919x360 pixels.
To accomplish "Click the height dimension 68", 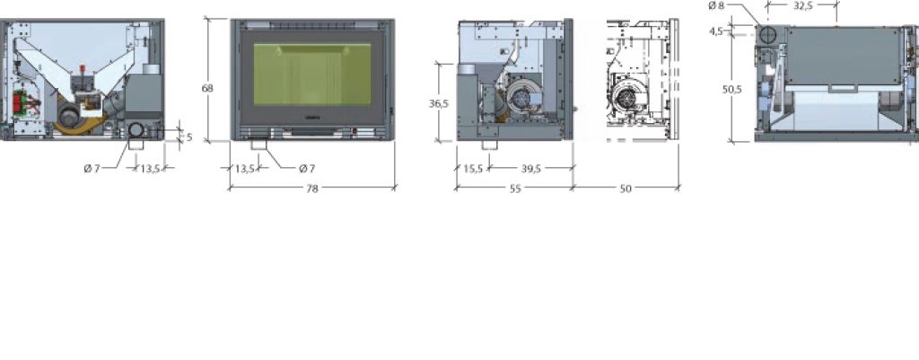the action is pyautogui.click(x=207, y=89).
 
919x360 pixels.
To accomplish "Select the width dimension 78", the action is pyautogui.click(x=312, y=189).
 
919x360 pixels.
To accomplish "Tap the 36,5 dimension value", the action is pyautogui.click(x=439, y=103).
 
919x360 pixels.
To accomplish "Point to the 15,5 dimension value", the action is pyautogui.click(x=473, y=169).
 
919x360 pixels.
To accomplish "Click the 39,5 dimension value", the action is pyautogui.click(x=531, y=169).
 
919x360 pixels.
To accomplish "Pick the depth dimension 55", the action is pyautogui.click(x=515, y=189).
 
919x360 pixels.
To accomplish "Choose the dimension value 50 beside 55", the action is pyautogui.click(x=626, y=189).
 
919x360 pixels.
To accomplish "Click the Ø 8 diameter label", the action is pyautogui.click(x=716, y=6).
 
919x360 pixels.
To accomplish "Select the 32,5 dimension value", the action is pyautogui.click(x=803, y=6).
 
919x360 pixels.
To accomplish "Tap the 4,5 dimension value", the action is pyautogui.click(x=715, y=31).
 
